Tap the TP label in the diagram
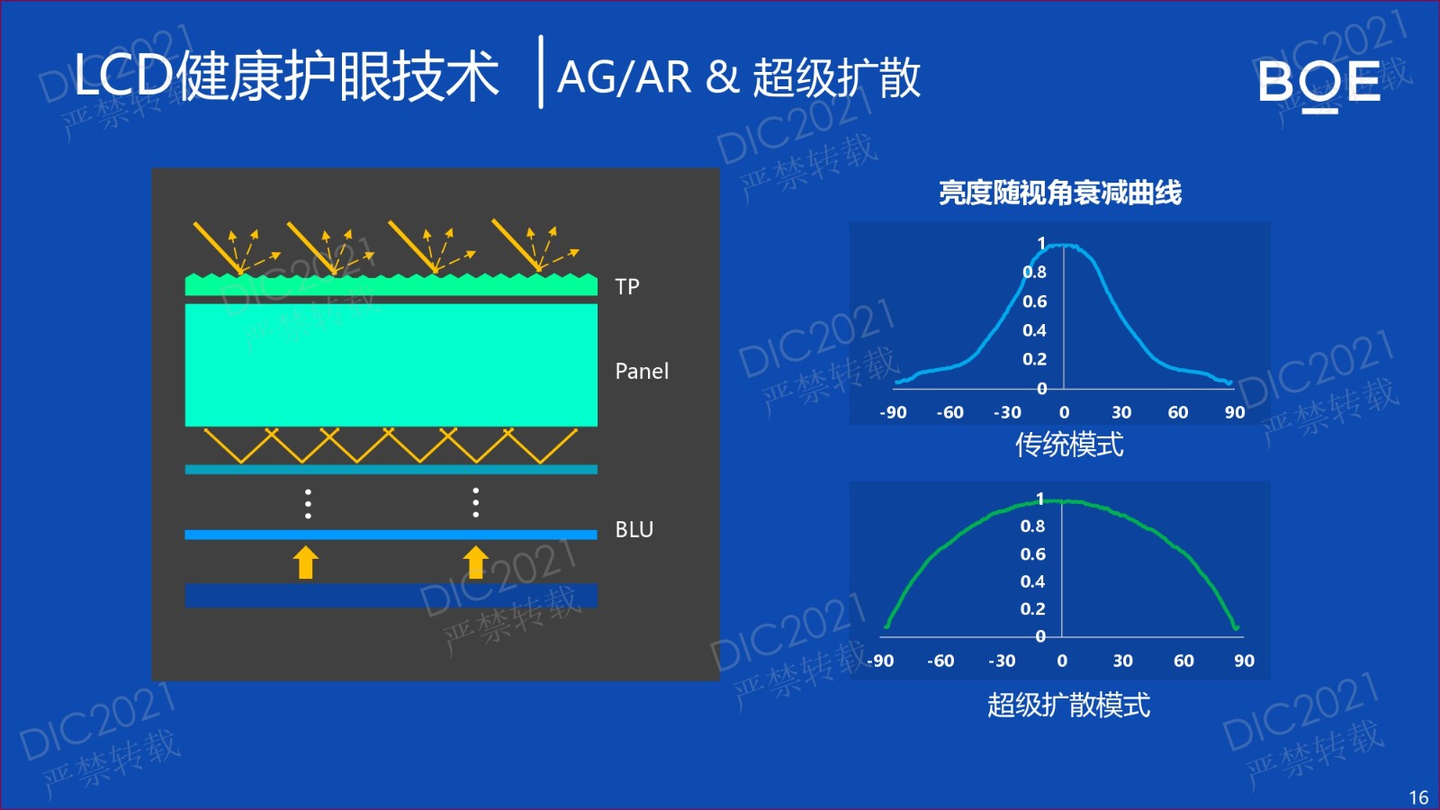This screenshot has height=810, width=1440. (626, 287)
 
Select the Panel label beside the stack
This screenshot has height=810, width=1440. (642, 371)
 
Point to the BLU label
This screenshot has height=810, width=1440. (634, 529)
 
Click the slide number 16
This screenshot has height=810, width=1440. (1418, 797)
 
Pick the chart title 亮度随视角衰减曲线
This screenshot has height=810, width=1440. (1060, 193)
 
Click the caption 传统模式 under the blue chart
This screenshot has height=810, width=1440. (1069, 445)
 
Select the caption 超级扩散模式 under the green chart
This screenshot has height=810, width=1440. (1068, 705)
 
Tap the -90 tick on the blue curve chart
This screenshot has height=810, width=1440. (893, 412)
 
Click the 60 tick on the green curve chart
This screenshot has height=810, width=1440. (1183, 661)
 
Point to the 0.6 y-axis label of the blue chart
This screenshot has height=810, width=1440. (1034, 301)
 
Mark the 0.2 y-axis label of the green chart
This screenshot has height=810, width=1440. (1032, 608)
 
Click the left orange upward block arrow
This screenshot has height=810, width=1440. (305, 562)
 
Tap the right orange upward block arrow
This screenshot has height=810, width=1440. (476, 562)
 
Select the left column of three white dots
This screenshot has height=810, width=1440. (308, 503)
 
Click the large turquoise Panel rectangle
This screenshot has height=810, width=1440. (391, 365)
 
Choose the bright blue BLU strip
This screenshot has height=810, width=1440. (391, 535)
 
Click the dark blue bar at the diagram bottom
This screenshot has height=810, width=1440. (391, 595)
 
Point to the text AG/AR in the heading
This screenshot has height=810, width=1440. (624, 77)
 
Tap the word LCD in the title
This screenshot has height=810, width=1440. (123, 76)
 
